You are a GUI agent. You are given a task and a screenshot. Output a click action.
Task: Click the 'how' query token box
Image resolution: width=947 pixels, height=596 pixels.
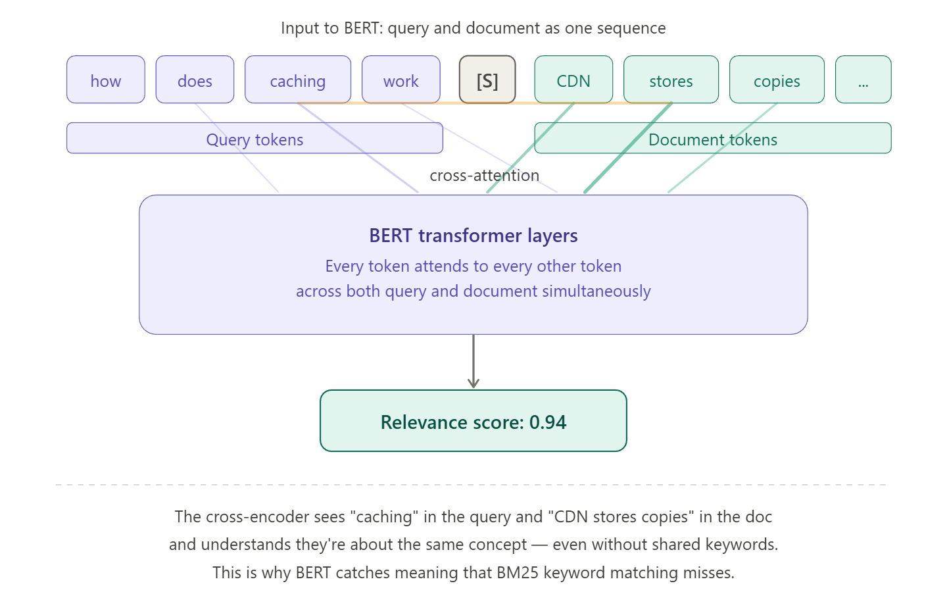click(105, 80)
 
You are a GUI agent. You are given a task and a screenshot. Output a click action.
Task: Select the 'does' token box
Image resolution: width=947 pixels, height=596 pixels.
click(195, 80)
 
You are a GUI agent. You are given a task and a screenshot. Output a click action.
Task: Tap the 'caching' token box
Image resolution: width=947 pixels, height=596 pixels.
click(297, 80)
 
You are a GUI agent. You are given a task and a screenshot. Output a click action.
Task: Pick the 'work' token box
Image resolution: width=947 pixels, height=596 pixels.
click(401, 80)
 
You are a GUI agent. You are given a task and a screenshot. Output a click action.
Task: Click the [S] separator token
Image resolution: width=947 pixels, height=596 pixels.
click(487, 80)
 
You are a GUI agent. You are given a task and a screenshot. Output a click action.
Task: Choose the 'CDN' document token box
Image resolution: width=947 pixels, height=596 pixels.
click(573, 80)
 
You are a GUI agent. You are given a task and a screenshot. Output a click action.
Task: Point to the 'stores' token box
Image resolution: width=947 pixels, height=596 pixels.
click(671, 80)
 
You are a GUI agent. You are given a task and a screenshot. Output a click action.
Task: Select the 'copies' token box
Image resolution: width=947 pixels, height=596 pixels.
click(776, 80)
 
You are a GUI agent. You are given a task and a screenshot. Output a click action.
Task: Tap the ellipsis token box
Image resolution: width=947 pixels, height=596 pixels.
click(863, 80)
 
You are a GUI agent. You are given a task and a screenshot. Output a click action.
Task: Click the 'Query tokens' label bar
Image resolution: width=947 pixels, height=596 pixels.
click(255, 139)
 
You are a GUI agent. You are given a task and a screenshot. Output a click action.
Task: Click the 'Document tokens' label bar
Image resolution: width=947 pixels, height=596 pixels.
click(712, 139)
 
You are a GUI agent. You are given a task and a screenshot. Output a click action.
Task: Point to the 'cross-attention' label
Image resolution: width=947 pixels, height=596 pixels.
click(484, 176)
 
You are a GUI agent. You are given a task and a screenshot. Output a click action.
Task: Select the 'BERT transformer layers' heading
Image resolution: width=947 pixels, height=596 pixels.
click(473, 236)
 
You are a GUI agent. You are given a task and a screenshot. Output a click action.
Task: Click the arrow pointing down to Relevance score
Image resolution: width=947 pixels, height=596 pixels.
click(473, 362)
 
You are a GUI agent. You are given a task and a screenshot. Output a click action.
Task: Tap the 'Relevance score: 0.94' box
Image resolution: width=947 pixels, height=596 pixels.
click(473, 422)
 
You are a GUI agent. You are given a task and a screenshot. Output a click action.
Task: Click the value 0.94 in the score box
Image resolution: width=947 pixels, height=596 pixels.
click(548, 422)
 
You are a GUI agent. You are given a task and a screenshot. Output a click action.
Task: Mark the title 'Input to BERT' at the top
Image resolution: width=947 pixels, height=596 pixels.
click(473, 28)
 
